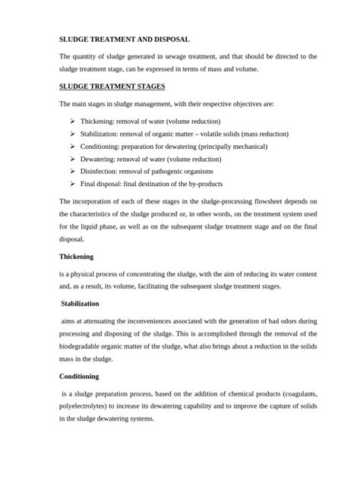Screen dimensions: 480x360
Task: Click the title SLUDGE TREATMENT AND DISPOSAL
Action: point(125,38)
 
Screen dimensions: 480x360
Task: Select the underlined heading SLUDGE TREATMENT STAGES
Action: point(112,87)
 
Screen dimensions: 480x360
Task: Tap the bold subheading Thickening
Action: point(81,256)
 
